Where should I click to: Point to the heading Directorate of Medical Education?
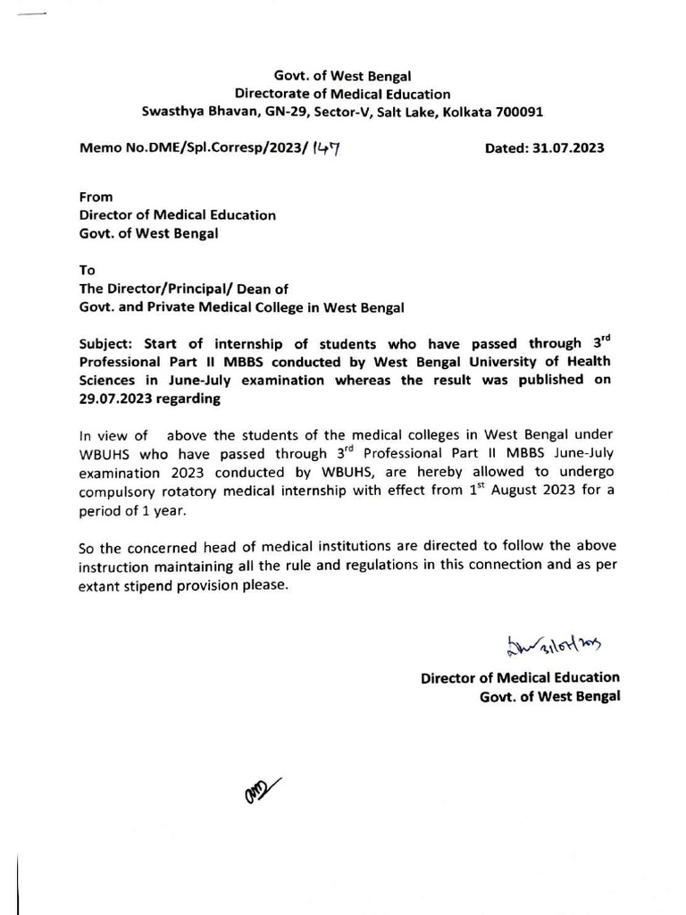coord(342,95)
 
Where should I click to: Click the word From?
coord(96,197)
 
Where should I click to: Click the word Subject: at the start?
coord(109,345)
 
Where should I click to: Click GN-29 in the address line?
coord(278,113)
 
